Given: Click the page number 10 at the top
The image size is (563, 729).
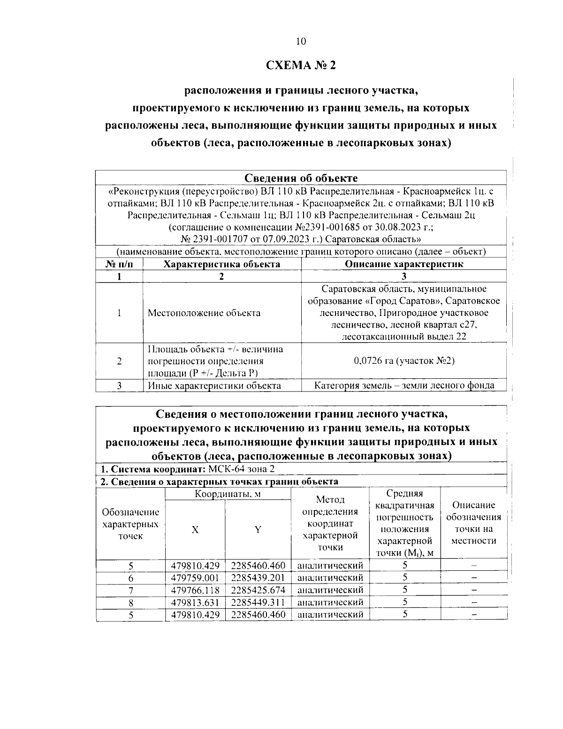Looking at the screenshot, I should [301, 41].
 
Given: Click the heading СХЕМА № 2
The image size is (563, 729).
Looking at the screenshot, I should [301, 65].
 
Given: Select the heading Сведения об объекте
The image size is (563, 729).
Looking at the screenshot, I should [301, 178].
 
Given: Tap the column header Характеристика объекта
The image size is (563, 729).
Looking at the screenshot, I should [221, 264].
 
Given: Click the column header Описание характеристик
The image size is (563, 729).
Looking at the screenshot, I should [404, 264].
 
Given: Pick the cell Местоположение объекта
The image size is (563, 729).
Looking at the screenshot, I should [204, 313].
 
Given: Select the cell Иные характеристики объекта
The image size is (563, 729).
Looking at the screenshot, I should [214, 385].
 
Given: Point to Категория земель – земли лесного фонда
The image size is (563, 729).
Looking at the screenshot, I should [404, 385].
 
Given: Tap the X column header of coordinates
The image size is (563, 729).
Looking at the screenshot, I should [195, 529].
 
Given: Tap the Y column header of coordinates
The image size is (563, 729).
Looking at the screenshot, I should [258, 529].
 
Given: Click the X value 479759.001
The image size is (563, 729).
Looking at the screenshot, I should [195, 577].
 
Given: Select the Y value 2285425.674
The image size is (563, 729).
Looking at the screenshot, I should [258, 590].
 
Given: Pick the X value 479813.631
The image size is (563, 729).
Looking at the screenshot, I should [195, 602].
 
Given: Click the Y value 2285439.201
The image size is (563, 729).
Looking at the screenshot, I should [258, 577].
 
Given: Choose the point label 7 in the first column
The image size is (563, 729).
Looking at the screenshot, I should [131, 590].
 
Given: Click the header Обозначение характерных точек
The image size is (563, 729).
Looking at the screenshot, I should [130, 523].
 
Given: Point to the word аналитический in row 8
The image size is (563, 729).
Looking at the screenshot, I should [330, 602].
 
